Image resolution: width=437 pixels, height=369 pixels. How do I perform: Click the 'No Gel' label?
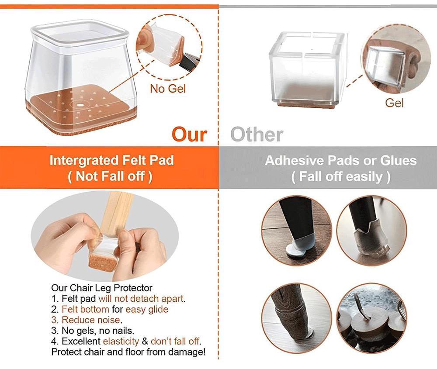[x=168, y=89]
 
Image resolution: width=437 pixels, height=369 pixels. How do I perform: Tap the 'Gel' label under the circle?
[x=394, y=103]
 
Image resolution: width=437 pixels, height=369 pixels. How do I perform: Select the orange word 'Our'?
[x=189, y=134]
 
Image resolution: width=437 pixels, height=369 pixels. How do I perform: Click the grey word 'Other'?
[x=257, y=134]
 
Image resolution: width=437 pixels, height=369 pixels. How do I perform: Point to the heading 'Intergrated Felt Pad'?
[x=111, y=160]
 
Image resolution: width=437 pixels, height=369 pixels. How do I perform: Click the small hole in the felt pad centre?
[x=81, y=105]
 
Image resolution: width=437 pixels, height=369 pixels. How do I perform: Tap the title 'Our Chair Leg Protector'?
[x=102, y=288]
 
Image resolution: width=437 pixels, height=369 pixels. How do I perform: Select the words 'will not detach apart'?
[x=141, y=299]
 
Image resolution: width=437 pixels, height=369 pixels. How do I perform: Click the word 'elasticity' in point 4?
[x=121, y=341]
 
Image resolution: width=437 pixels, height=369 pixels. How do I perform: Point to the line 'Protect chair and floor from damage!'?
[x=128, y=352]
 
